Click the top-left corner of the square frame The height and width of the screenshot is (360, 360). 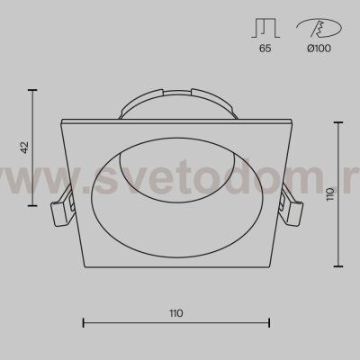click(59, 120)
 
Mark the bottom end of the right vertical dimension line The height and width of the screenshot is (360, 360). click(338, 266)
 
